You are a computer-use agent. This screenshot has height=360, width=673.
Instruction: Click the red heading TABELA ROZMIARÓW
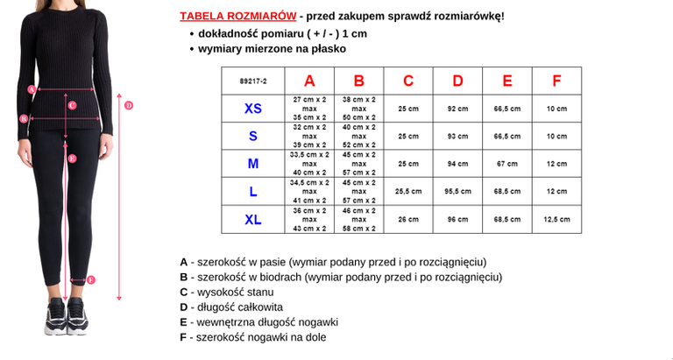(x=237, y=16)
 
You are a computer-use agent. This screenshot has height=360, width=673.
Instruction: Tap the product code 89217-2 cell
(x=252, y=81)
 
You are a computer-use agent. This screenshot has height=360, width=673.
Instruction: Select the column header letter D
(x=457, y=81)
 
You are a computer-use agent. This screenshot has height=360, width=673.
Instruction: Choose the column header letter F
(x=556, y=81)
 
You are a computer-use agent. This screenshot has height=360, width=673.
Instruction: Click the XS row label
(x=252, y=109)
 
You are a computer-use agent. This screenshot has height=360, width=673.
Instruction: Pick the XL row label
(x=252, y=220)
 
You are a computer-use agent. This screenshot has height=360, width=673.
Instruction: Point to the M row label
(x=252, y=164)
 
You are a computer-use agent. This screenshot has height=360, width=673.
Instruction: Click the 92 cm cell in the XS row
(x=457, y=109)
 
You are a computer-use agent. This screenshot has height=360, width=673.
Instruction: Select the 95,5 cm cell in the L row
(x=457, y=192)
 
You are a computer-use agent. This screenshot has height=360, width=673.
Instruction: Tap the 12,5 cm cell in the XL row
(x=556, y=220)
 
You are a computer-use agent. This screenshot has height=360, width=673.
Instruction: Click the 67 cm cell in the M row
(x=507, y=164)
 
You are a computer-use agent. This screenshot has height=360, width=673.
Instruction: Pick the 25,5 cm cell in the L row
(x=408, y=192)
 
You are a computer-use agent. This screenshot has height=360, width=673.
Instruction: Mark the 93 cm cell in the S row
(x=457, y=137)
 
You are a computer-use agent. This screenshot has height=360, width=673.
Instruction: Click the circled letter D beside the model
(x=128, y=105)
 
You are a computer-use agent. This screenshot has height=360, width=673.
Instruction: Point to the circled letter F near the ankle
(x=91, y=280)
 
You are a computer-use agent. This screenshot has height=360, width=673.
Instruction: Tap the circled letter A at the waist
(x=32, y=88)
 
